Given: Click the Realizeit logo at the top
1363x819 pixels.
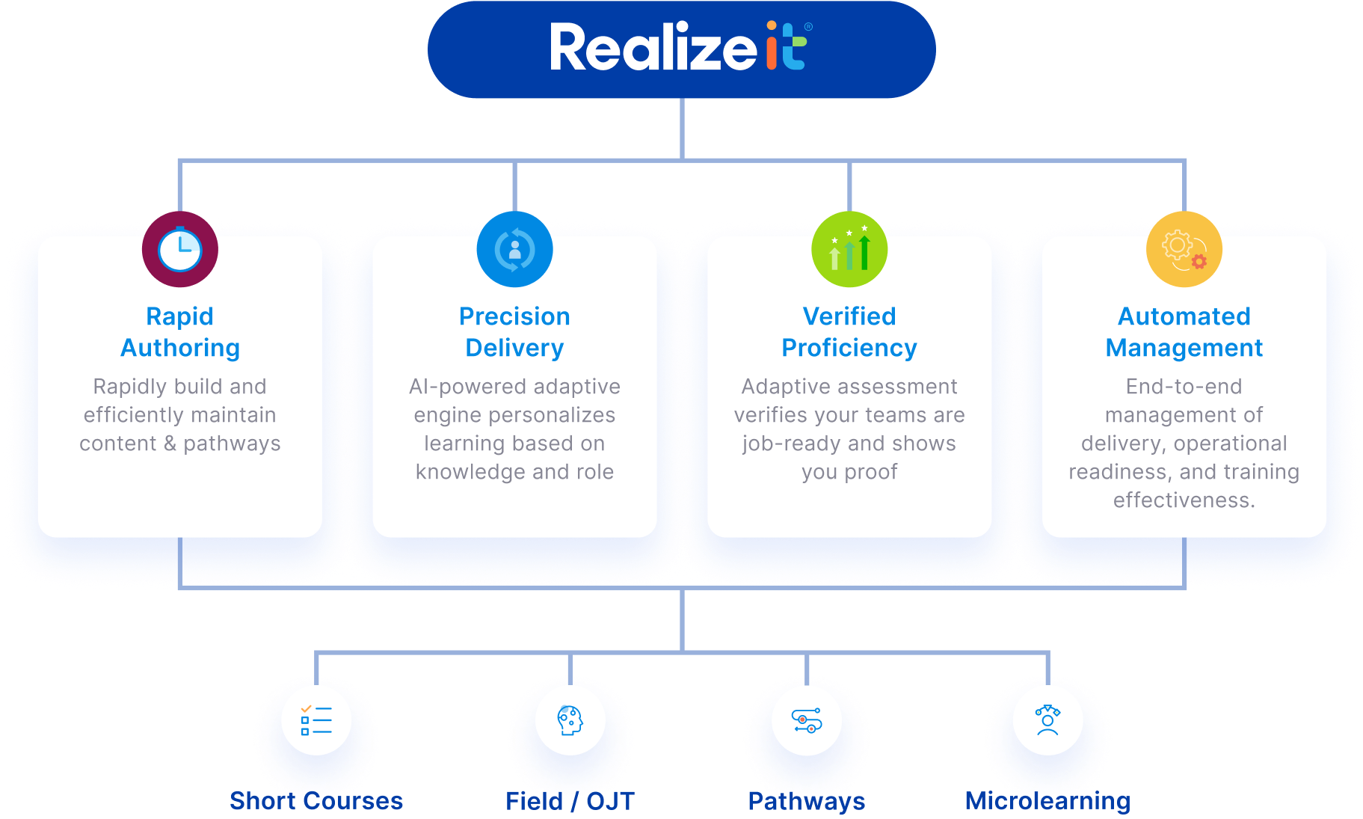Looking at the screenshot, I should click(680, 48).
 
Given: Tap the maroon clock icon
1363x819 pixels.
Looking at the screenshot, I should click(180, 249).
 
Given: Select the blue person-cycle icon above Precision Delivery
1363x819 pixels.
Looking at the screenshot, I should click(514, 249).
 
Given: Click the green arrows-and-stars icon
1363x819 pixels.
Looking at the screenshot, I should click(849, 249).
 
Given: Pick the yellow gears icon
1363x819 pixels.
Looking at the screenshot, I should click(1184, 249).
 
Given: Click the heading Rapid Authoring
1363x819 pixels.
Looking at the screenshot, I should click(180, 332).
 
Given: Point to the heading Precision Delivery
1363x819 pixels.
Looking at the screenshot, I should click(514, 332).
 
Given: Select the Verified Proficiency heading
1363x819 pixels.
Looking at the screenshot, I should click(849, 332).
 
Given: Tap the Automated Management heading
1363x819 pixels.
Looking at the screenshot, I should click(1184, 332).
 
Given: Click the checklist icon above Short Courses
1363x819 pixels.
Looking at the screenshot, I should click(316, 720).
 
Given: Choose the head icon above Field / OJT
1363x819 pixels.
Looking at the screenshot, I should click(570, 720).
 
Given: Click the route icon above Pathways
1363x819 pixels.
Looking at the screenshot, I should click(807, 720).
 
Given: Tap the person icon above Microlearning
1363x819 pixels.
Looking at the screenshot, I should click(1047, 720).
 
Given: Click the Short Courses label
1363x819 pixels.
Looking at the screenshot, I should click(316, 801).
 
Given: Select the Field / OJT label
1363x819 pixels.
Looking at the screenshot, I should click(570, 801).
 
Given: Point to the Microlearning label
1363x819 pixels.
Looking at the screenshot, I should click(1047, 801).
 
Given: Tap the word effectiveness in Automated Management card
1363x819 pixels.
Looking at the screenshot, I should click(1183, 500).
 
